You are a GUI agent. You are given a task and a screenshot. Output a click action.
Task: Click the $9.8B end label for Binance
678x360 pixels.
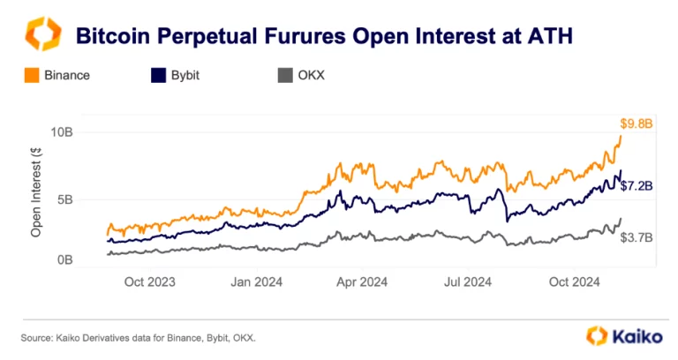pos(636,124)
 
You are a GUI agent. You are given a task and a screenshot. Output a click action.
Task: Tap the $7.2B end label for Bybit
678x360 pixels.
pos(636,186)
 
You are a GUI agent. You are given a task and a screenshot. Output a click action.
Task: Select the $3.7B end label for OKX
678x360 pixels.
pos(636,237)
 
